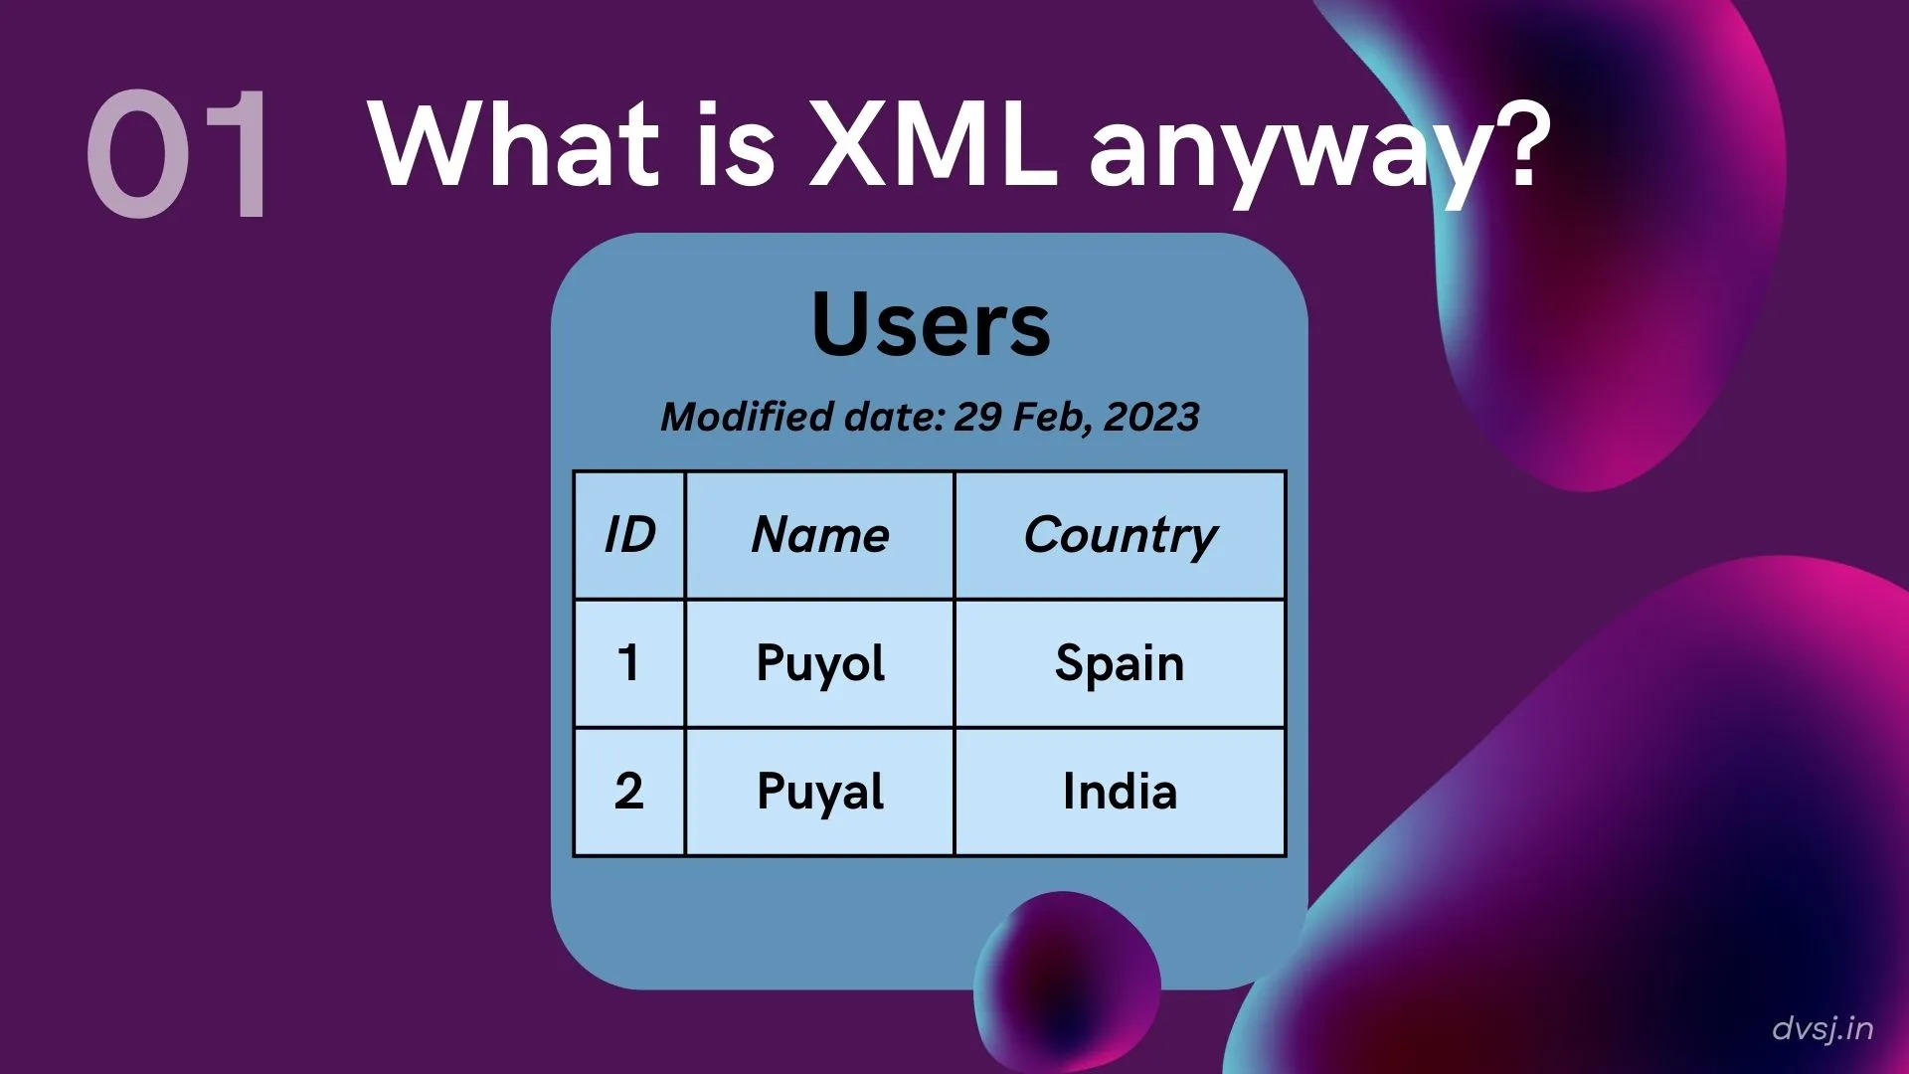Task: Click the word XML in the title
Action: pos(933,144)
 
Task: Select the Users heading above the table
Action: pos(931,324)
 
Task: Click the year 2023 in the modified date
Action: pos(1151,417)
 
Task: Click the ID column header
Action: pos(629,535)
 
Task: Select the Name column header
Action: pos(820,535)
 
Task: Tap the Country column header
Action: pos(1120,535)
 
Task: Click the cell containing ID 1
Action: pos(629,663)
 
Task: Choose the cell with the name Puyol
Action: pos(820,663)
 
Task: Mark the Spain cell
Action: pos(1120,663)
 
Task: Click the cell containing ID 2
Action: pos(629,792)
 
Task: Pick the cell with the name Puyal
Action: pos(820,792)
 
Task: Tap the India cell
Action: pos(1120,792)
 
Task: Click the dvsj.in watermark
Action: pos(1822,1028)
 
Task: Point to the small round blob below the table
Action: pos(1067,980)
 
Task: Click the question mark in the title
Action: pos(1518,144)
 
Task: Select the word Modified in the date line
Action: pos(747,417)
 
